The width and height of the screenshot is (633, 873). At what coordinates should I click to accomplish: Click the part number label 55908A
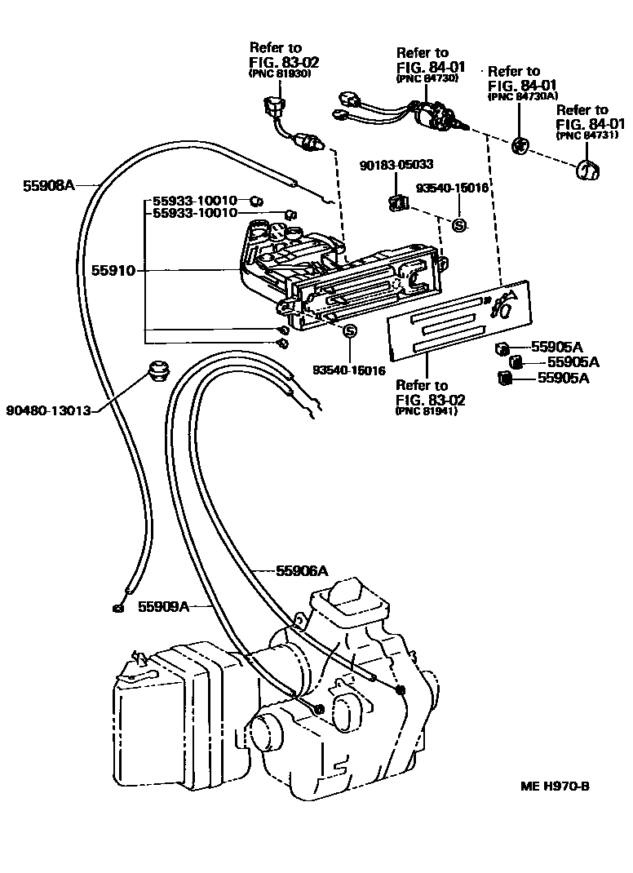point(48,185)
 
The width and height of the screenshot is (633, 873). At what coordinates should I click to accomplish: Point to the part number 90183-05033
point(396,165)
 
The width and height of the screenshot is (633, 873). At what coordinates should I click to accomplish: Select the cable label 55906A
point(301,570)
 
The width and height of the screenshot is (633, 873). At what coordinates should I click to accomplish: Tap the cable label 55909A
point(163,606)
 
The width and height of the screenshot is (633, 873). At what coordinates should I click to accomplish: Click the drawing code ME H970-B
point(555,787)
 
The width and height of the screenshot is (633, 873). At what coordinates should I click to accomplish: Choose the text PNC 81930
point(280,73)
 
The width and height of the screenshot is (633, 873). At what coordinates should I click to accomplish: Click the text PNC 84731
point(582,135)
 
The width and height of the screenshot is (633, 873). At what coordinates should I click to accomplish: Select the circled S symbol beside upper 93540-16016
point(459,224)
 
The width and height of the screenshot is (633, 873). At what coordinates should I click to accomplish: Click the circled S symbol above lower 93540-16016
point(349,330)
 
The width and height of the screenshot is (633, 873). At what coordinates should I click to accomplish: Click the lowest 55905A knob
point(503,377)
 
